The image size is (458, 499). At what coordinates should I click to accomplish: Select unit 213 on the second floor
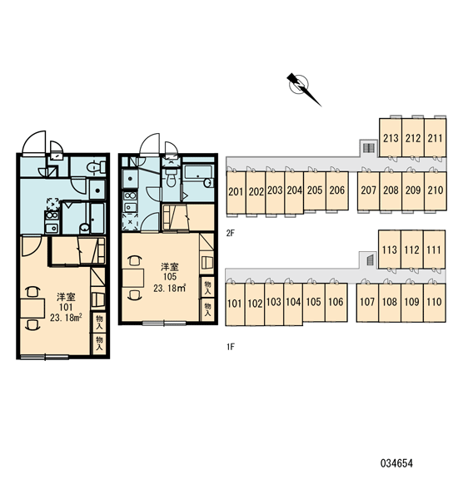click(x=391, y=138)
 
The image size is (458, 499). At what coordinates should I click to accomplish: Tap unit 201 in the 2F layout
click(x=236, y=192)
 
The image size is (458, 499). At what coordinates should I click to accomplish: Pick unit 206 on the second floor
click(x=337, y=190)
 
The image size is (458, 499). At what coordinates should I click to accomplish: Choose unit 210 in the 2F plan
click(x=435, y=190)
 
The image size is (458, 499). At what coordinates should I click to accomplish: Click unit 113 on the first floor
click(x=389, y=249)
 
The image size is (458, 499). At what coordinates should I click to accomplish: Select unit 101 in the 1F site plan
click(x=235, y=304)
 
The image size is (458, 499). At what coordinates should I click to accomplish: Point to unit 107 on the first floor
click(x=367, y=302)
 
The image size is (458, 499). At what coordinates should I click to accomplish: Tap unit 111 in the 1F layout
click(x=434, y=249)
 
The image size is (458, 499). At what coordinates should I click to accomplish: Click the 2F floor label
click(x=230, y=233)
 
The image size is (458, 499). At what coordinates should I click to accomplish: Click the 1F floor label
click(x=230, y=347)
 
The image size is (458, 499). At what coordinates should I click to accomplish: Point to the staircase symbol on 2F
click(x=368, y=148)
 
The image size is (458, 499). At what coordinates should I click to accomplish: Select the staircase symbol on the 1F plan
click(x=370, y=260)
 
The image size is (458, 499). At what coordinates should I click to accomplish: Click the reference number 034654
click(x=396, y=463)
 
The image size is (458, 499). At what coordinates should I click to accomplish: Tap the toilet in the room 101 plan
click(x=96, y=167)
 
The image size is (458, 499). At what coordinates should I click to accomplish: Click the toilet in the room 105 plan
click(x=172, y=178)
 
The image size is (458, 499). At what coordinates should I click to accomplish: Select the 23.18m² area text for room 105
click(x=169, y=289)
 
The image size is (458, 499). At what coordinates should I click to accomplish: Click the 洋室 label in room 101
click(x=66, y=297)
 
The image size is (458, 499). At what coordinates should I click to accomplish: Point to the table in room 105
click(x=133, y=279)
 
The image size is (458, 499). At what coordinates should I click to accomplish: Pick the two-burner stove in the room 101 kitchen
click(x=52, y=215)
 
